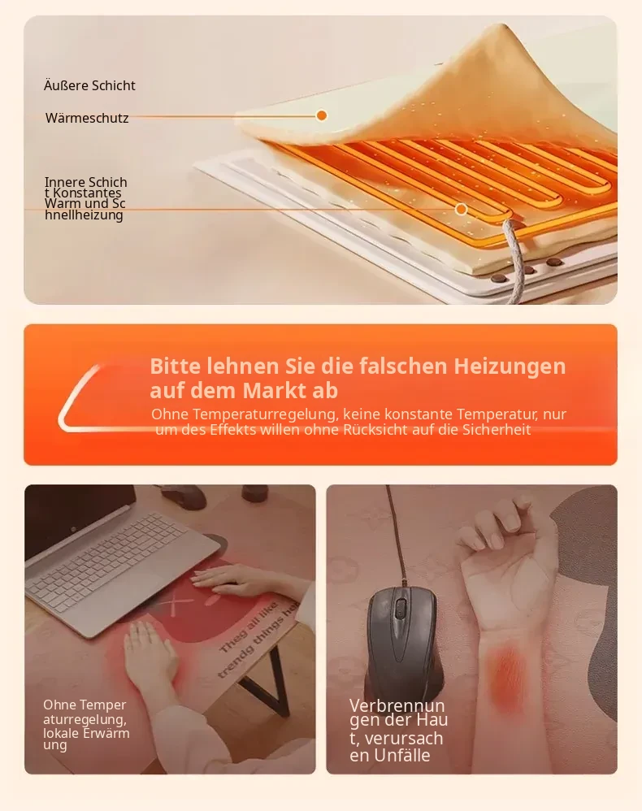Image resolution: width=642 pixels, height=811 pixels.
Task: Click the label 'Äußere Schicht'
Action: [x=89, y=85]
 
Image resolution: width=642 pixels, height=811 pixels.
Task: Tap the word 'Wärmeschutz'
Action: [x=87, y=118]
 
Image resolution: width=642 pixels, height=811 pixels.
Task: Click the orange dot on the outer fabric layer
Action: [x=321, y=115]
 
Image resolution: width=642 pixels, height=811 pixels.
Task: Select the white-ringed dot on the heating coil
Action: [x=461, y=210]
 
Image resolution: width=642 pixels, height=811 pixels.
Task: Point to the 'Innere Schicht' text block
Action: [x=85, y=198]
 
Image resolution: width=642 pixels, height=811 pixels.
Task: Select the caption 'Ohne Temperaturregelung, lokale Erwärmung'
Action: [x=86, y=725]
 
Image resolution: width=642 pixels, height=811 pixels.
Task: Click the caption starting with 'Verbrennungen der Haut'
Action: [x=398, y=731]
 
